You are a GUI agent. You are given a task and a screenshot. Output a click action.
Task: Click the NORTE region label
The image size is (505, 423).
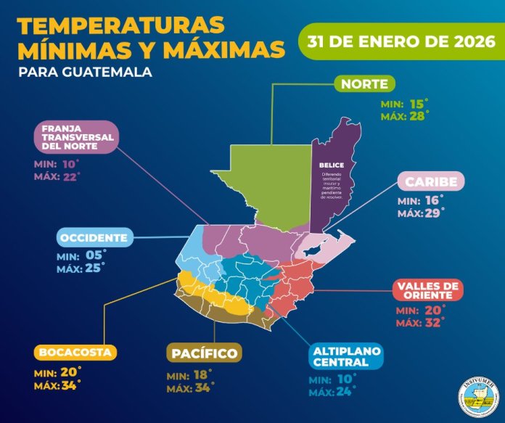coord(365,84)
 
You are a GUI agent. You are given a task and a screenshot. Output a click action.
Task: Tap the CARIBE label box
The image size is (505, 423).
coord(431,181)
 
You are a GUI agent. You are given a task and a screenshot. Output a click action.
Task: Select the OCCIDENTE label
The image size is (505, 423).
coord(95,237)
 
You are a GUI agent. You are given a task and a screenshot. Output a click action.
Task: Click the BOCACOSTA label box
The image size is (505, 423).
coord(75,353)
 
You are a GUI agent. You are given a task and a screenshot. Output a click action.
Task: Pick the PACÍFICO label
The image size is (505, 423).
coord(204,353)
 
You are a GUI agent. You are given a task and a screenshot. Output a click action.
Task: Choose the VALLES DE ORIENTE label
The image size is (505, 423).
coord(428,289)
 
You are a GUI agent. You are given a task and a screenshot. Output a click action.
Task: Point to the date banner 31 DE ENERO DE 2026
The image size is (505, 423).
coord(401,41)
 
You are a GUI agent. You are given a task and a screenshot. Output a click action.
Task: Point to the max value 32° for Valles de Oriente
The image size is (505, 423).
coord(434,322)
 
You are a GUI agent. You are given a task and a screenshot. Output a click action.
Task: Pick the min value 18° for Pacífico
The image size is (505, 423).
coord(201,376)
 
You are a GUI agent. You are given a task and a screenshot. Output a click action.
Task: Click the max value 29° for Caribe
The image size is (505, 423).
coord(435,213)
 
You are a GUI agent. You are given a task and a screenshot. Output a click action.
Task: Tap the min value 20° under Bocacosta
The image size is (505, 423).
coord(70,371)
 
